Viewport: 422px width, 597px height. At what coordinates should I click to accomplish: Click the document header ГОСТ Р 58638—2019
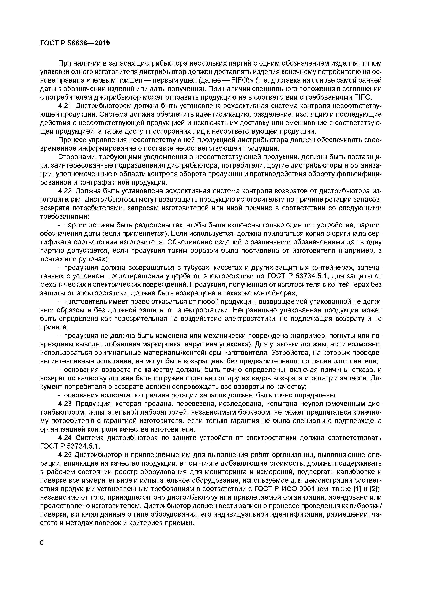point(75,43)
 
